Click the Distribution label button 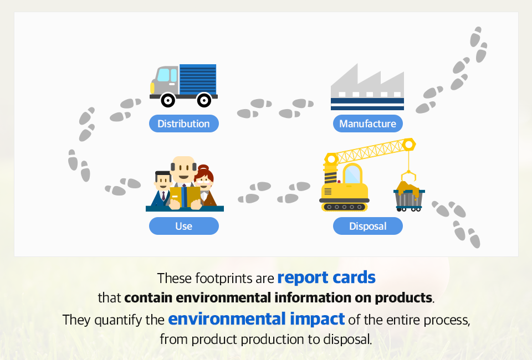(184, 124)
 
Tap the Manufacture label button (368, 124)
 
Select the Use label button (184, 226)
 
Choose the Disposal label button (368, 226)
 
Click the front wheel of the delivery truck (167, 100)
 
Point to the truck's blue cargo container (198, 79)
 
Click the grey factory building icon (367, 87)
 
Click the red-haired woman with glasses (205, 186)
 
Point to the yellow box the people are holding (185, 197)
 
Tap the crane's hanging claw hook (408, 177)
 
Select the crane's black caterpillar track (344, 207)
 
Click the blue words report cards (326, 277)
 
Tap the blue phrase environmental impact (257, 319)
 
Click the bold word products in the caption (403, 297)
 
